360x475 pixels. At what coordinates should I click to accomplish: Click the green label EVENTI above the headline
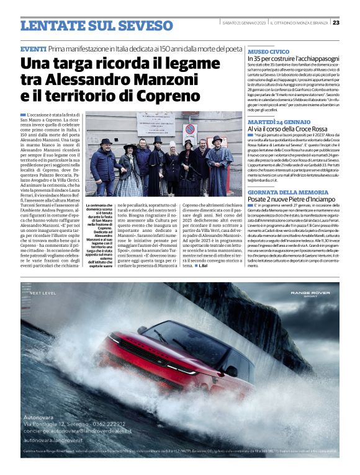pos(33,49)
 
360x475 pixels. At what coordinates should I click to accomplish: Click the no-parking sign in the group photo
pos(191,130)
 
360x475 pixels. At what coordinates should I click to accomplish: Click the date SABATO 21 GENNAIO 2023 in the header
pos(247,22)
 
